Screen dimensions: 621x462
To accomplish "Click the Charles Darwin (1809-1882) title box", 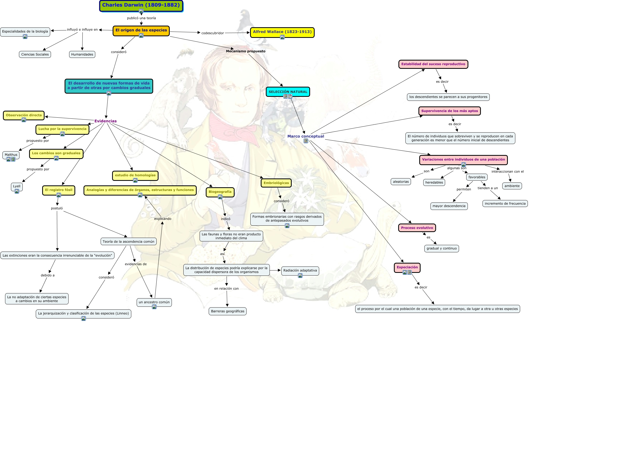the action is [x=141, y=6].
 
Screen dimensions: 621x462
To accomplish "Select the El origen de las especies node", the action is [x=141, y=31].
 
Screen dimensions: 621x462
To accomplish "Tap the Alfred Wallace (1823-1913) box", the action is [x=282, y=32].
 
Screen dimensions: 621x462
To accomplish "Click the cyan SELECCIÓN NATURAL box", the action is [x=288, y=92].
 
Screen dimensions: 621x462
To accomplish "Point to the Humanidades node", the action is [x=82, y=54].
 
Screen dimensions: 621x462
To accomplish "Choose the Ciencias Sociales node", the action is [x=35, y=54].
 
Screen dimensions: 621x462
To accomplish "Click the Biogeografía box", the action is [x=220, y=192].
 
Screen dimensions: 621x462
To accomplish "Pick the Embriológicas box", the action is [x=276, y=183].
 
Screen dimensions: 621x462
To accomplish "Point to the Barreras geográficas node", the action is [x=227, y=311].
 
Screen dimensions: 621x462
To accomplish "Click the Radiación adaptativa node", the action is [x=300, y=271].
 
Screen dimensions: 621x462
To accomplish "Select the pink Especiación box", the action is [x=407, y=268].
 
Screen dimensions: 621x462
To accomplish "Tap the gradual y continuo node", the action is [x=441, y=248].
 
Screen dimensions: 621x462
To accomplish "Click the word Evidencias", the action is [x=105, y=121].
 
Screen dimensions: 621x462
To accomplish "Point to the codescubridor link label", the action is [x=213, y=33].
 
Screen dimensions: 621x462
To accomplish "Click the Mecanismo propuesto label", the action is [x=246, y=51].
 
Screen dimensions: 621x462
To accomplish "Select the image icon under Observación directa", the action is [x=24, y=120].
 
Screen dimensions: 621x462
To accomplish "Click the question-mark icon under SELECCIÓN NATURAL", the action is [x=290, y=97].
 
